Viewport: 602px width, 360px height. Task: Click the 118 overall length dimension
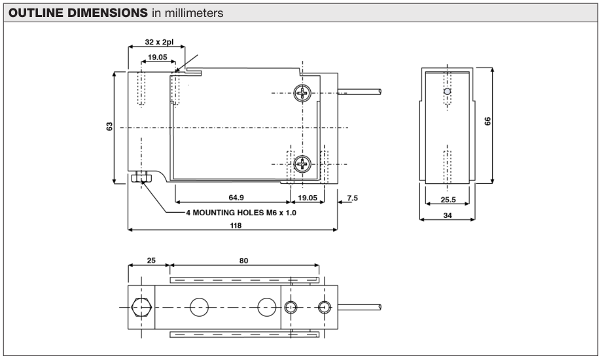pos(236,225)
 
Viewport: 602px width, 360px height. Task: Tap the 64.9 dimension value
pos(236,198)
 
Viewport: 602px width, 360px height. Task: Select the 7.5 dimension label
pos(352,198)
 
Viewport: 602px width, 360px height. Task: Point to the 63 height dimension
pos(109,126)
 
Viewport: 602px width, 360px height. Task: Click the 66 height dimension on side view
pos(487,121)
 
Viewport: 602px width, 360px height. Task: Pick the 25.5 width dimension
pos(448,200)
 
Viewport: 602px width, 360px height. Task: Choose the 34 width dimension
pos(448,215)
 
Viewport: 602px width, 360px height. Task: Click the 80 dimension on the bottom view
pos(244,261)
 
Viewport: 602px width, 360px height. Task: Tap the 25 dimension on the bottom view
pos(151,261)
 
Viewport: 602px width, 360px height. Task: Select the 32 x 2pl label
pos(159,41)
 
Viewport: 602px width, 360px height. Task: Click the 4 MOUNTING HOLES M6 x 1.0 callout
pos(241,213)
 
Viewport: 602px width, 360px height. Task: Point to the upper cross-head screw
pos(302,93)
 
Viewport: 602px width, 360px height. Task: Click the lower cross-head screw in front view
pos(302,164)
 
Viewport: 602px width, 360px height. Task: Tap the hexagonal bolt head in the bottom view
pos(141,308)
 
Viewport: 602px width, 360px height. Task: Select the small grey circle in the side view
pos(447,92)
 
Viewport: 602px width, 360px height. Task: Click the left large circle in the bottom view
pos(200,308)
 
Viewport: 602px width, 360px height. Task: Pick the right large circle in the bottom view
pos(267,308)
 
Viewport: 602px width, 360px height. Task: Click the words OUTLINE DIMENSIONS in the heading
pos(78,12)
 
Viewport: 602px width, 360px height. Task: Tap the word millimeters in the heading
pos(194,13)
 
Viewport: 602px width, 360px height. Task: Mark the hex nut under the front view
pos(142,178)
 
